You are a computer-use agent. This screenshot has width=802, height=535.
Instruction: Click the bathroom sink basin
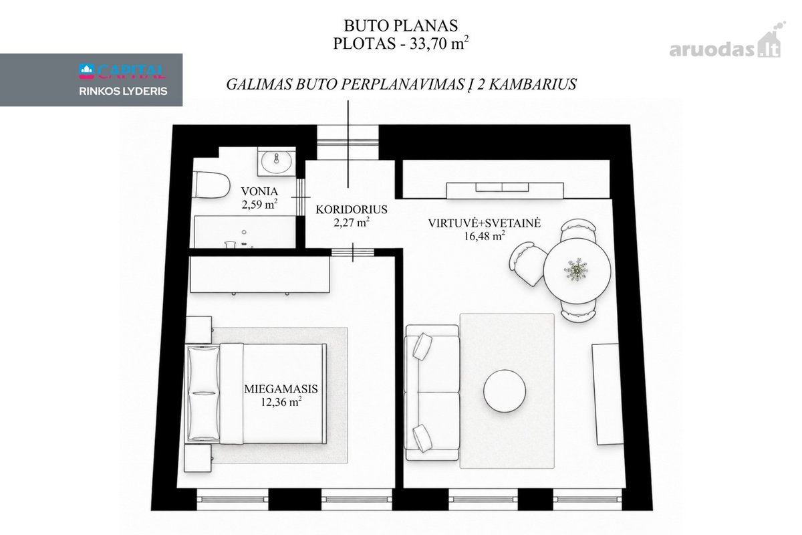coord(277,161)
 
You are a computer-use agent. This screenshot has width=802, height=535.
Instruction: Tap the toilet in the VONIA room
coord(211,185)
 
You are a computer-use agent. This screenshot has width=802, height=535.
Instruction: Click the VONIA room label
coord(259,191)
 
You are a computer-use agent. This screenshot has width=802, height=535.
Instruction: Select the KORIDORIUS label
coord(352,209)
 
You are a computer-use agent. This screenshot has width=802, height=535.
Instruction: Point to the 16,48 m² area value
coord(485,236)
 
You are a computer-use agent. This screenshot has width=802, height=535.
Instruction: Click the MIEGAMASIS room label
coord(281,389)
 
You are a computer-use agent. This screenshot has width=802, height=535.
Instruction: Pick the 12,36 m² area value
coord(281,402)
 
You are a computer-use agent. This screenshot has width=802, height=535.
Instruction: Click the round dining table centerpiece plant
coord(575,270)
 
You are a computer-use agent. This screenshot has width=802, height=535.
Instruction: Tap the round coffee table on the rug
coord(505,391)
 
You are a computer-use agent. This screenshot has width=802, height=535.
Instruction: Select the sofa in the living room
coord(432,393)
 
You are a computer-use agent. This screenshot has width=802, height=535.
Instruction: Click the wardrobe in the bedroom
coord(259,274)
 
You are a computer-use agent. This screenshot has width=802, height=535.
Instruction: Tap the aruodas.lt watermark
coord(727,45)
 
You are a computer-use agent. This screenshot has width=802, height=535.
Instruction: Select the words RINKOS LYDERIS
coord(123,92)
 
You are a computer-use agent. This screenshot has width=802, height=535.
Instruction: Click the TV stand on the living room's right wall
coord(608,394)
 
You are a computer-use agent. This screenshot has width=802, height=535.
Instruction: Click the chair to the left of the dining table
coord(527,263)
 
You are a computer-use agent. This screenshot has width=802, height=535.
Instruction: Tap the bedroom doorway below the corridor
coord(353,252)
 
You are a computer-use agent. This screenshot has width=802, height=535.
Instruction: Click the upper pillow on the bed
coord(203,369)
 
